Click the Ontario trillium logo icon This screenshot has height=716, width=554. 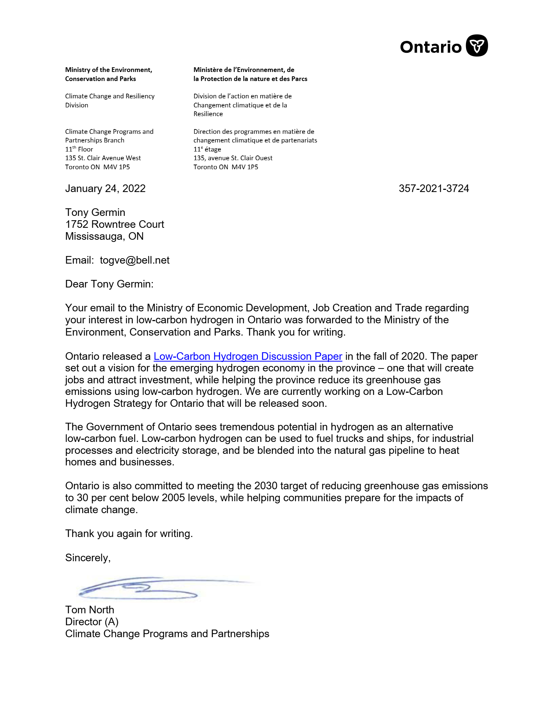[x=477, y=46]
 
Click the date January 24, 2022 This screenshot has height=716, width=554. [x=105, y=188]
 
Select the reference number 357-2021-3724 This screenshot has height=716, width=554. [x=434, y=188]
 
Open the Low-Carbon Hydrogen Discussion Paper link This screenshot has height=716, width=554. [x=248, y=356]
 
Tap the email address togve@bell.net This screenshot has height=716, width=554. [x=135, y=260]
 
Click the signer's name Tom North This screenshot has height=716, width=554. [x=89, y=610]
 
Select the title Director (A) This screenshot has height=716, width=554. [x=92, y=622]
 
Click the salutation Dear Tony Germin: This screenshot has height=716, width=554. [x=109, y=284]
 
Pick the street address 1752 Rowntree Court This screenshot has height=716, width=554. [x=114, y=224]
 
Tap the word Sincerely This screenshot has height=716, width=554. [x=88, y=558]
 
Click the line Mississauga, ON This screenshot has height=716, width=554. [x=104, y=236]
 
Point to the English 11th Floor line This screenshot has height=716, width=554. [x=79, y=149]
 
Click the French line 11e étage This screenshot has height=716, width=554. [x=207, y=149]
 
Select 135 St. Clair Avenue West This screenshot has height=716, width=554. [x=103, y=158]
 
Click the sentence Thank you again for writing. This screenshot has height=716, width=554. [x=129, y=534]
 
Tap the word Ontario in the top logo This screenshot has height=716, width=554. [x=431, y=47]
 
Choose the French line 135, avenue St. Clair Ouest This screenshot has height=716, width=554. [x=233, y=158]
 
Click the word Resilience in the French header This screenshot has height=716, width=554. [x=208, y=114]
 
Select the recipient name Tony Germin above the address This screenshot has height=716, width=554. [x=95, y=212]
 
